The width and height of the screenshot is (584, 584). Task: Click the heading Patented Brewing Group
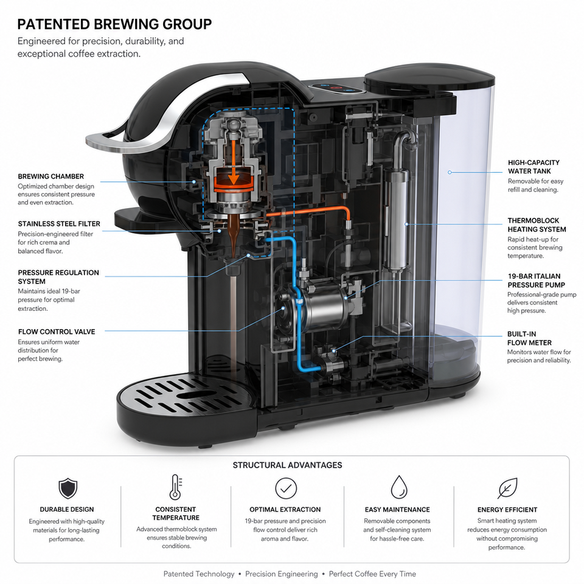tap(114, 24)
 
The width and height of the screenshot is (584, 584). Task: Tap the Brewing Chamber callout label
tap(51, 176)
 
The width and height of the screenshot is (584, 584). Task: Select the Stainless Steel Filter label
tap(59, 224)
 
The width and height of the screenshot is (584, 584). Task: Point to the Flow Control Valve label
tap(57, 332)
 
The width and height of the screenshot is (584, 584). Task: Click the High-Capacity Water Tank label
tap(534, 167)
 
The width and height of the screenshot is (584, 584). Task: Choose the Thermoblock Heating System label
tap(537, 225)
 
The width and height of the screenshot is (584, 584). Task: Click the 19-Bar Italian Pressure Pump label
tap(537, 280)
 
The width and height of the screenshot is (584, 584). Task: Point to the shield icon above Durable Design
tap(68, 488)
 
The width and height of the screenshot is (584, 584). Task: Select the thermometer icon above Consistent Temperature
tap(175, 487)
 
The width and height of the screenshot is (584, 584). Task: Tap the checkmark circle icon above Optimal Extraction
tap(286, 488)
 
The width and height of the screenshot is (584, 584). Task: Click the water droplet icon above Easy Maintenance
tap(399, 487)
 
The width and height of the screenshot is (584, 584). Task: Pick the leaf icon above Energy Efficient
tap(507, 488)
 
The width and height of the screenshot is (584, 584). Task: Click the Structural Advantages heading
tap(287, 465)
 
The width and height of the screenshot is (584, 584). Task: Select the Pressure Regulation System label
tap(58, 277)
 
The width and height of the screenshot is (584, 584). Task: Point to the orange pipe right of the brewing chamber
tap(309, 212)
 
